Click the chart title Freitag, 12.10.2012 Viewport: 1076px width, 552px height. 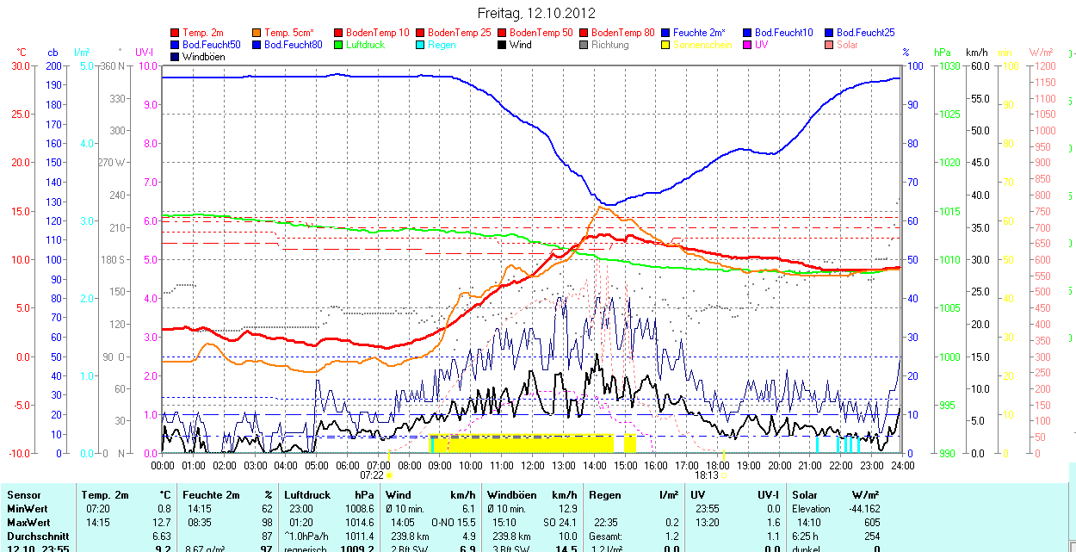pyautogui.click(x=536, y=14)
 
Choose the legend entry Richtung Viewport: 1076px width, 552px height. pyautogui.click(x=609, y=45)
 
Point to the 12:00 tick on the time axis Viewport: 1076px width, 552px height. pyautogui.click(x=533, y=465)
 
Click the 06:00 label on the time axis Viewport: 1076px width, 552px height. pyautogui.click(x=348, y=465)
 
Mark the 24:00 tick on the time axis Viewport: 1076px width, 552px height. pyautogui.click(x=902, y=465)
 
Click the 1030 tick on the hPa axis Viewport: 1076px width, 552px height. pyautogui.click(x=949, y=66)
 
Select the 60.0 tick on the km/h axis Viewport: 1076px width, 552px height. pyautogui.click(x=980, y=66)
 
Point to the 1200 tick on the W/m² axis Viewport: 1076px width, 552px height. pyautogui.click(x=1043, y=66)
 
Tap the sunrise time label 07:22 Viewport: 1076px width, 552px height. pyautogui.click(x=372, y=474)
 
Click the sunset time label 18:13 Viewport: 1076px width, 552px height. pyautogui.click(x=706, y=474)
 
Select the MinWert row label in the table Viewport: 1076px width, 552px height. pyautogui.click(x=28, y=509)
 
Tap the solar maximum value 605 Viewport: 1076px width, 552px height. pyautogui.click(x=872, y=523)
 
